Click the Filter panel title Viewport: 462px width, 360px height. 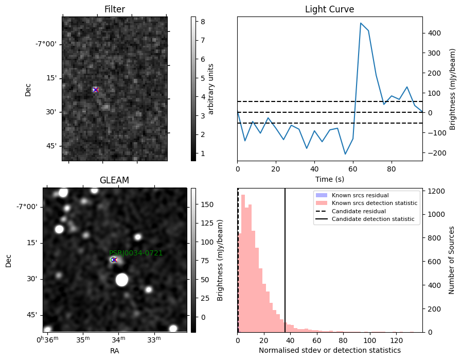click(115, 9)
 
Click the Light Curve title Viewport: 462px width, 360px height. click(329, 9)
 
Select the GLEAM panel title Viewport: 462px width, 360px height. click(114, 180)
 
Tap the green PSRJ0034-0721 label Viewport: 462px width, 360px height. click(136, 253)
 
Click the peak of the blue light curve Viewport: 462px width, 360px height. click(361, 23)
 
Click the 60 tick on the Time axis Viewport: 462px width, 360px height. click(353, 169)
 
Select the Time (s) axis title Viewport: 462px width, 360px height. click(330, 179)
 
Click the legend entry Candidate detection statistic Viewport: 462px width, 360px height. click(373, 219)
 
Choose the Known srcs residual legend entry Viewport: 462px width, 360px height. click(360, 195)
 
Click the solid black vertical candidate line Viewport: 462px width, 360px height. click(285, 260)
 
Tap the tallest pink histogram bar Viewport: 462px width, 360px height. click(243, 263)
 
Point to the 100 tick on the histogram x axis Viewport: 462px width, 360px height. click(370, 340)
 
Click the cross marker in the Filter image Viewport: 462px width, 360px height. click(95, 90)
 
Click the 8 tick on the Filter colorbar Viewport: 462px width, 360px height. click(203, 22)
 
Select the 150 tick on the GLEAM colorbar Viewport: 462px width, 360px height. click(207, 204)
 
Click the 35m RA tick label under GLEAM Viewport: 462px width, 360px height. click(83, 339)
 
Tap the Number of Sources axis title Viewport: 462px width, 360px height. click(451, 261)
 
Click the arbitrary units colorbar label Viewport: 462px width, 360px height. click(210, 89)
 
